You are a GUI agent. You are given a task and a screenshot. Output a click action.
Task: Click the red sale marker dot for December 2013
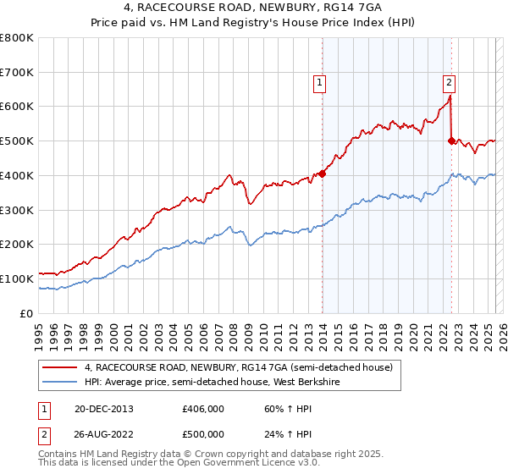click(x=323, y=174)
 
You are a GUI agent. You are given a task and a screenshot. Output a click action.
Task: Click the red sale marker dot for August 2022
click(x=451, y=141)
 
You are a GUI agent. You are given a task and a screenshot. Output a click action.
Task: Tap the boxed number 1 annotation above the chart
click(x=319, y=82)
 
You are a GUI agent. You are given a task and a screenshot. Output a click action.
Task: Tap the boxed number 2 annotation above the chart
click(x=448, y=82)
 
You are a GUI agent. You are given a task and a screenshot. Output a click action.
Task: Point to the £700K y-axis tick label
click(x=17, y=72)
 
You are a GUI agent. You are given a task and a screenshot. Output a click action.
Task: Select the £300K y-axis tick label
click(x=17, y=209)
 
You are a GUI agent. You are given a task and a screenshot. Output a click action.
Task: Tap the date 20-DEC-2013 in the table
click(x=104, y=408)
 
